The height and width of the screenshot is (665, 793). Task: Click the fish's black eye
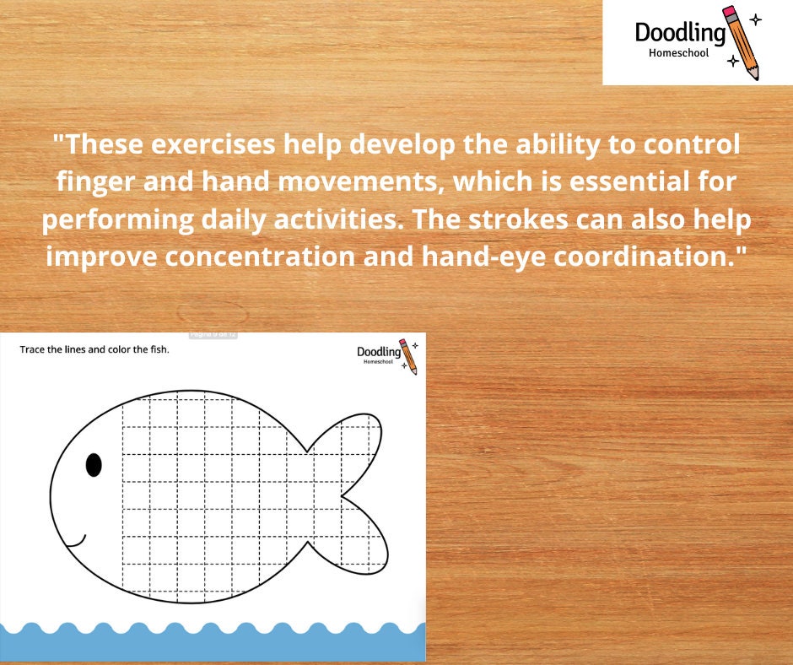pyautogui.click(x=94, y=465)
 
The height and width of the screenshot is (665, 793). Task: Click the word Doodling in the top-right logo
pyautogui.click(x=680, y=33)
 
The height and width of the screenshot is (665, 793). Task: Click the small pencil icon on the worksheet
pyautogui.click(x=408, y=355)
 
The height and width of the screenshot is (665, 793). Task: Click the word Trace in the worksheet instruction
pyautogui.click(x=33, y=349)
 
